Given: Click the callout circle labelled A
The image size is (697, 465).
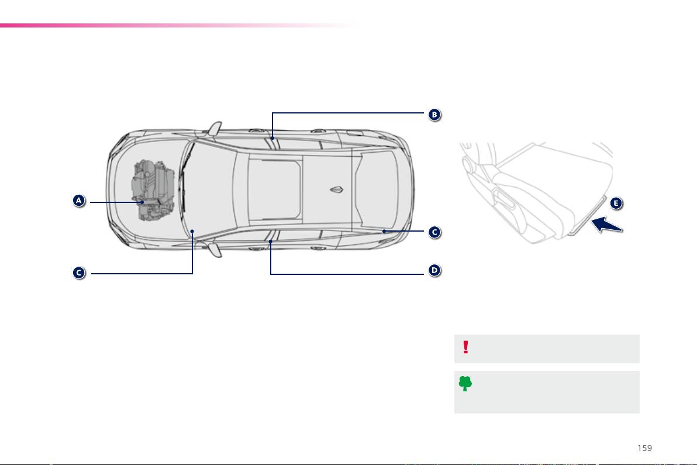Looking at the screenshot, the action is (x=79, y=201).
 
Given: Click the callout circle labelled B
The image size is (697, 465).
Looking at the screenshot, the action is (x=434, y=115).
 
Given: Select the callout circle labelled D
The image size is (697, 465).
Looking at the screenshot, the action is (x=434, y=270).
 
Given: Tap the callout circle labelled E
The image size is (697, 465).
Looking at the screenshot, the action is (x=616, y=203).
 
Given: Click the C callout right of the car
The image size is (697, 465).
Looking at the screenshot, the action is (x=434, y=232).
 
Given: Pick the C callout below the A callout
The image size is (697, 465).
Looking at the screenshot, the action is (x=79, y=273).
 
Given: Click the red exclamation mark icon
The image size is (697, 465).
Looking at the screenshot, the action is (x=465, y=347).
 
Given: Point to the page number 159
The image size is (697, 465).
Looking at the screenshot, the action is (x=644, y=448).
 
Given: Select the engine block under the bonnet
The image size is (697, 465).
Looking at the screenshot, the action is (x=153, y=190).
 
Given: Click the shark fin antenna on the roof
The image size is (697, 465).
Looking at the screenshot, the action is (x=336, y=190).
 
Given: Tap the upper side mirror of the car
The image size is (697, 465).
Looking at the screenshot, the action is (x=214, y=129).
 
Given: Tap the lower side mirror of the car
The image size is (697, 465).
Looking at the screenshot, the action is (x=215, y=249).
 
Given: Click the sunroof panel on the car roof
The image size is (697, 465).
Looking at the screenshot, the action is (x=274, y=190).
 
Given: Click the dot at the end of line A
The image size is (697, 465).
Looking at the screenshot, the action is (x=142, y=202).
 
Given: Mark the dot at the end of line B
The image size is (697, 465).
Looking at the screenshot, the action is (x=272, y=138).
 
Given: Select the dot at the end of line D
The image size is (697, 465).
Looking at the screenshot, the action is (x=270, y=242).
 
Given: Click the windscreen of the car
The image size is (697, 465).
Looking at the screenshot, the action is (x=209, y=190).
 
